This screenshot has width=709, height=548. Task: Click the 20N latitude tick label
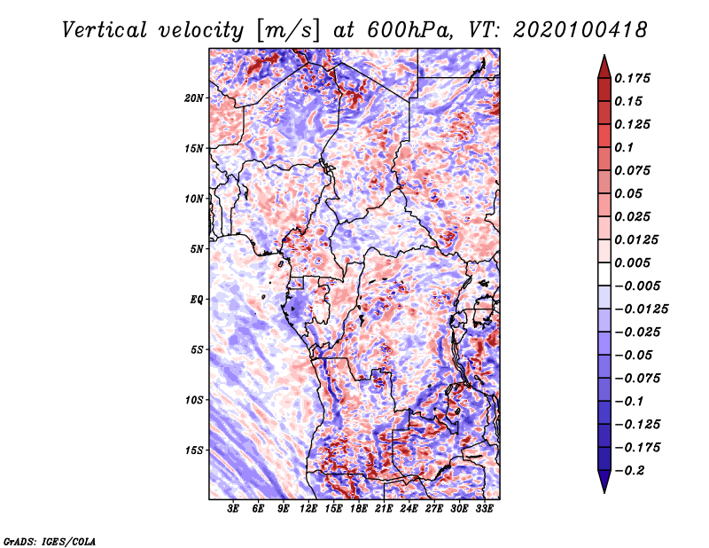(194, 98)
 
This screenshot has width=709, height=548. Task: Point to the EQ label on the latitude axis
(197, 300)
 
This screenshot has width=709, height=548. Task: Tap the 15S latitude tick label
(194, 450)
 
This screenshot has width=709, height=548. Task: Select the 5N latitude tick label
(197, 249)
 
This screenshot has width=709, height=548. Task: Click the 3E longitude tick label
(233, 509)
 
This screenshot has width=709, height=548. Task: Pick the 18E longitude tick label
(359, 509)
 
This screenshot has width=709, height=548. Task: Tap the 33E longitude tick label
(484, 509)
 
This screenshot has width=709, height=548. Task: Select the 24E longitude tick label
(409, 509)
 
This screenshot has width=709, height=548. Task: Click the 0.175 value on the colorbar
(633, 78)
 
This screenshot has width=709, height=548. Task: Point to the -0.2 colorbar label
(629, 471)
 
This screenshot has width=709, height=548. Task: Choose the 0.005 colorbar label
(633, 262)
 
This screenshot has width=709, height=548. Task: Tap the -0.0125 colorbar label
(642, 309)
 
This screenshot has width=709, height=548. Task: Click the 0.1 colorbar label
(624, 147)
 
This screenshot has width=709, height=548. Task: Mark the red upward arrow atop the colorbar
(604, 67)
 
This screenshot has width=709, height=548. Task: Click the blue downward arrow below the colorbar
(604, 481)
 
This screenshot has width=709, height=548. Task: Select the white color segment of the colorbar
(604, 274)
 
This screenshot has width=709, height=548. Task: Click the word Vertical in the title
(105, 30)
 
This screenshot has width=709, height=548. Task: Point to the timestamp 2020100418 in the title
(580, 30)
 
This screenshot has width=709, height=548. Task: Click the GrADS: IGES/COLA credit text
(50, 542)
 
